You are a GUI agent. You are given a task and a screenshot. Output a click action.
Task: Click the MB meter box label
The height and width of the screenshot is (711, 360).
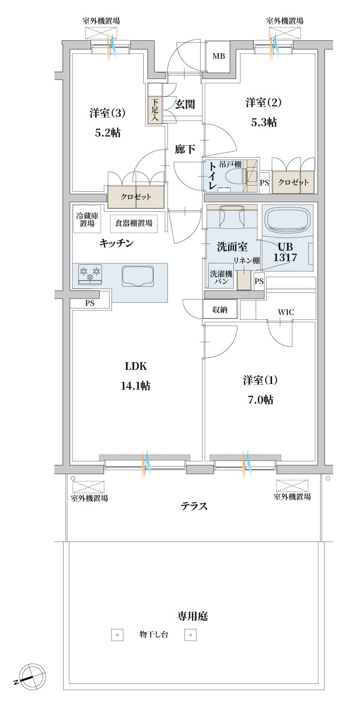click(x=219, y=56)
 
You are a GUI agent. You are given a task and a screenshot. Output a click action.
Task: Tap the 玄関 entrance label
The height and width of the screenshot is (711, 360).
click(x=185, y=104)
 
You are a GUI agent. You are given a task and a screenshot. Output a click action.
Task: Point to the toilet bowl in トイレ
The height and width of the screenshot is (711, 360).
click(x=236, y=176)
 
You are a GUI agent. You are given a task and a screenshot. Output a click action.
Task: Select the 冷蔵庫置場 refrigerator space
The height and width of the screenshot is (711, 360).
click(x=87, y=219)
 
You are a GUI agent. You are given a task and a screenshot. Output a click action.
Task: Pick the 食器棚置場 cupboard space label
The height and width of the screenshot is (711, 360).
click(x=134, y=223)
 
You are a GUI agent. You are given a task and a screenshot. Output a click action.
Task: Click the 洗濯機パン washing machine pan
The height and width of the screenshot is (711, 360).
click(x=221, y=276)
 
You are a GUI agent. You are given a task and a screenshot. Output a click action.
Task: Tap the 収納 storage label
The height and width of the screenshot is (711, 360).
click(x=220, y=309)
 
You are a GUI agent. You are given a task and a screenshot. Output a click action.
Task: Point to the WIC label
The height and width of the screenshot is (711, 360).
click(x=286, y=312)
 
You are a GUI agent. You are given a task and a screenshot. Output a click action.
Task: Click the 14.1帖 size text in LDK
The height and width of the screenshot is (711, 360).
click(x=136, y=386)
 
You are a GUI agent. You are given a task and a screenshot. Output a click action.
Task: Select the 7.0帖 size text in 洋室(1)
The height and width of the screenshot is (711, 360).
click(x=260, y=400)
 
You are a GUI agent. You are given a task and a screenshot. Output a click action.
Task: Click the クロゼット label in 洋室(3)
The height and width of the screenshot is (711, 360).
click(x=136, y=197)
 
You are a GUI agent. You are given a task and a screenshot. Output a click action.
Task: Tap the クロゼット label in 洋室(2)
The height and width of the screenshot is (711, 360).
click(x=293, y=182)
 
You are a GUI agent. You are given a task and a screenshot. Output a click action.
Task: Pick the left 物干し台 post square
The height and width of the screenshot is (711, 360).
click(x=117, y=635)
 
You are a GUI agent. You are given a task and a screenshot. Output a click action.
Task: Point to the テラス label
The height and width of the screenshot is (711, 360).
click(x=194, y=506)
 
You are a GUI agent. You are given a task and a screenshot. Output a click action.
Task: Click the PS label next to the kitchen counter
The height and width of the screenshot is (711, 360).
click(x=90, y=303)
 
